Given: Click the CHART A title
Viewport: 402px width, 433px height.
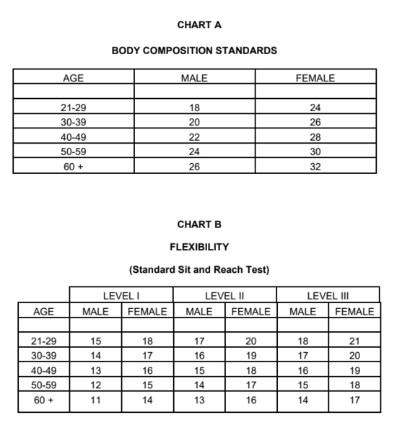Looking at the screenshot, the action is (x=198, y=25).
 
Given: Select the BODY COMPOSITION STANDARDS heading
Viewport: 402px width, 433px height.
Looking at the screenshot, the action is (x=195, y=51).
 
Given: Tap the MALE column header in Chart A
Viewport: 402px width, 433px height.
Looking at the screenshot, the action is (x=194, y=78).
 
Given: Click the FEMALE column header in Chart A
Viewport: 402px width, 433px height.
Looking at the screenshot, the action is (x=315, y=78).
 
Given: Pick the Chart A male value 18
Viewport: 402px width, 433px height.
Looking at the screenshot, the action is (x=194, y=108).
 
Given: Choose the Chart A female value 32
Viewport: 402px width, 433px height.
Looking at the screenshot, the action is (x=315, y=167).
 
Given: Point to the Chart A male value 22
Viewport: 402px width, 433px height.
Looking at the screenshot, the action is (x=194, y=137).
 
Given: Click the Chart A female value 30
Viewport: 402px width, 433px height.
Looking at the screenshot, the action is (x=315, y=152).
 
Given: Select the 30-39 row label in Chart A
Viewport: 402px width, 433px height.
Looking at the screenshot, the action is (x=74, y=123).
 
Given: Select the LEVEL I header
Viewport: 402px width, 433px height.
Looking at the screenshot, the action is (x=121, y=295).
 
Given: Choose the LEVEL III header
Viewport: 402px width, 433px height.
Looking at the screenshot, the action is (x=328, y=295).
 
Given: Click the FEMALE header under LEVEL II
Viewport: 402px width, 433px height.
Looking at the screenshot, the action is (x=250, y=312).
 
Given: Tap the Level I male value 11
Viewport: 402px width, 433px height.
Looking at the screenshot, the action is (x=95, y=399).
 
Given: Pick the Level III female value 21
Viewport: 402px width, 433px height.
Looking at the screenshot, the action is (x=354, y=341).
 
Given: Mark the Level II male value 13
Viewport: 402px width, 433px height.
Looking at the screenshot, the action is (x=199, y=399).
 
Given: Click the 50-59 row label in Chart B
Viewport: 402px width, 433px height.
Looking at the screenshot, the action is (x=43, y=385).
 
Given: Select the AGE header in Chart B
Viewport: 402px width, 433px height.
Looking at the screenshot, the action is (x=43, y=312).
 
